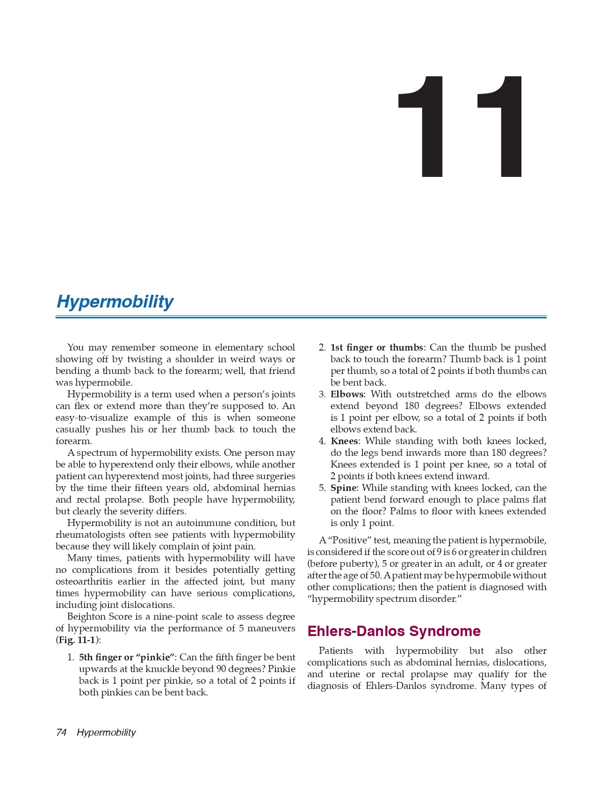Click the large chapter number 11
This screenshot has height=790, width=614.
tap(461, 127)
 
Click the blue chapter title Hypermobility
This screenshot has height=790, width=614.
tap(115, 301)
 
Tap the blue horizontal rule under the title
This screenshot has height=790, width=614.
tap(301, 317)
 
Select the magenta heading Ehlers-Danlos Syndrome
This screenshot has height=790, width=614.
tap(394, 631)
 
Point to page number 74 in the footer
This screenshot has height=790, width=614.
tap(61, 732)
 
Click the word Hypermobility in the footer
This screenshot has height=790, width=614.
tap(106, 732)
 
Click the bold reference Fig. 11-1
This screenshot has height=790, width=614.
tap(77, 640)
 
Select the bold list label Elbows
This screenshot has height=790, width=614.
tap(347, 394)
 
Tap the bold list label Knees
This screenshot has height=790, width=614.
tap(344, 441)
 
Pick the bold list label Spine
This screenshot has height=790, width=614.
tap(344, 488)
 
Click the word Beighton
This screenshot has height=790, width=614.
tap(87, 616)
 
